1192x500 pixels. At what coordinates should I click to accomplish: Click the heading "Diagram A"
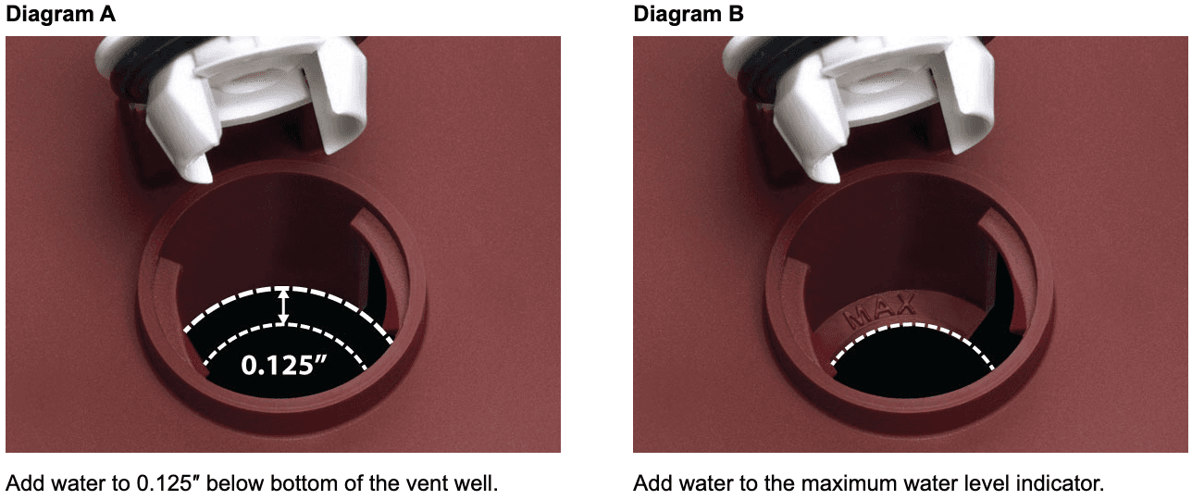point(60,14)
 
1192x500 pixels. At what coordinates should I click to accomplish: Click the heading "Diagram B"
point(688,14)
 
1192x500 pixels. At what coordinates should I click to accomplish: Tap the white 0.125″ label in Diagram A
point(283,366)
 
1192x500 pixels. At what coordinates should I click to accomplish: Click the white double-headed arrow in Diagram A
point(283,306)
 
